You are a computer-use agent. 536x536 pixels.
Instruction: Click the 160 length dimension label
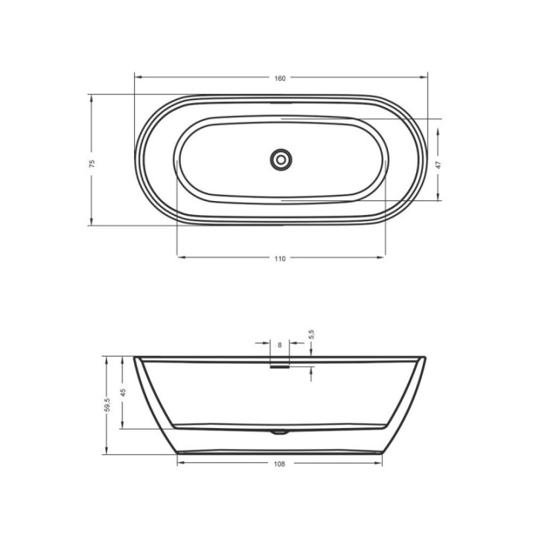(280, 78)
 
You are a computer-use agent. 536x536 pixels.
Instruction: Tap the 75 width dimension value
(92, 163)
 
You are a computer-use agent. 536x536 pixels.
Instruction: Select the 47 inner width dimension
(439, 165)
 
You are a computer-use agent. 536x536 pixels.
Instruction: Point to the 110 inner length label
(280, 259)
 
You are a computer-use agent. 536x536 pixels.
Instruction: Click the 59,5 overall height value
(107, 405)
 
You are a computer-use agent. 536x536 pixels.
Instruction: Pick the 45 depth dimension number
(123, 392)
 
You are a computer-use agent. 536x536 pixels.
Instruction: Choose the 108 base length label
(279, 464)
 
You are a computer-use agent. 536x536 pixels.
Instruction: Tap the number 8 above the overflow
(280, 345)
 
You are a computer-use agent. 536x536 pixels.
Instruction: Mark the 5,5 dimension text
(311, 334)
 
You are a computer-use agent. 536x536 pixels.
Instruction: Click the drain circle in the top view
(281, 159)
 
